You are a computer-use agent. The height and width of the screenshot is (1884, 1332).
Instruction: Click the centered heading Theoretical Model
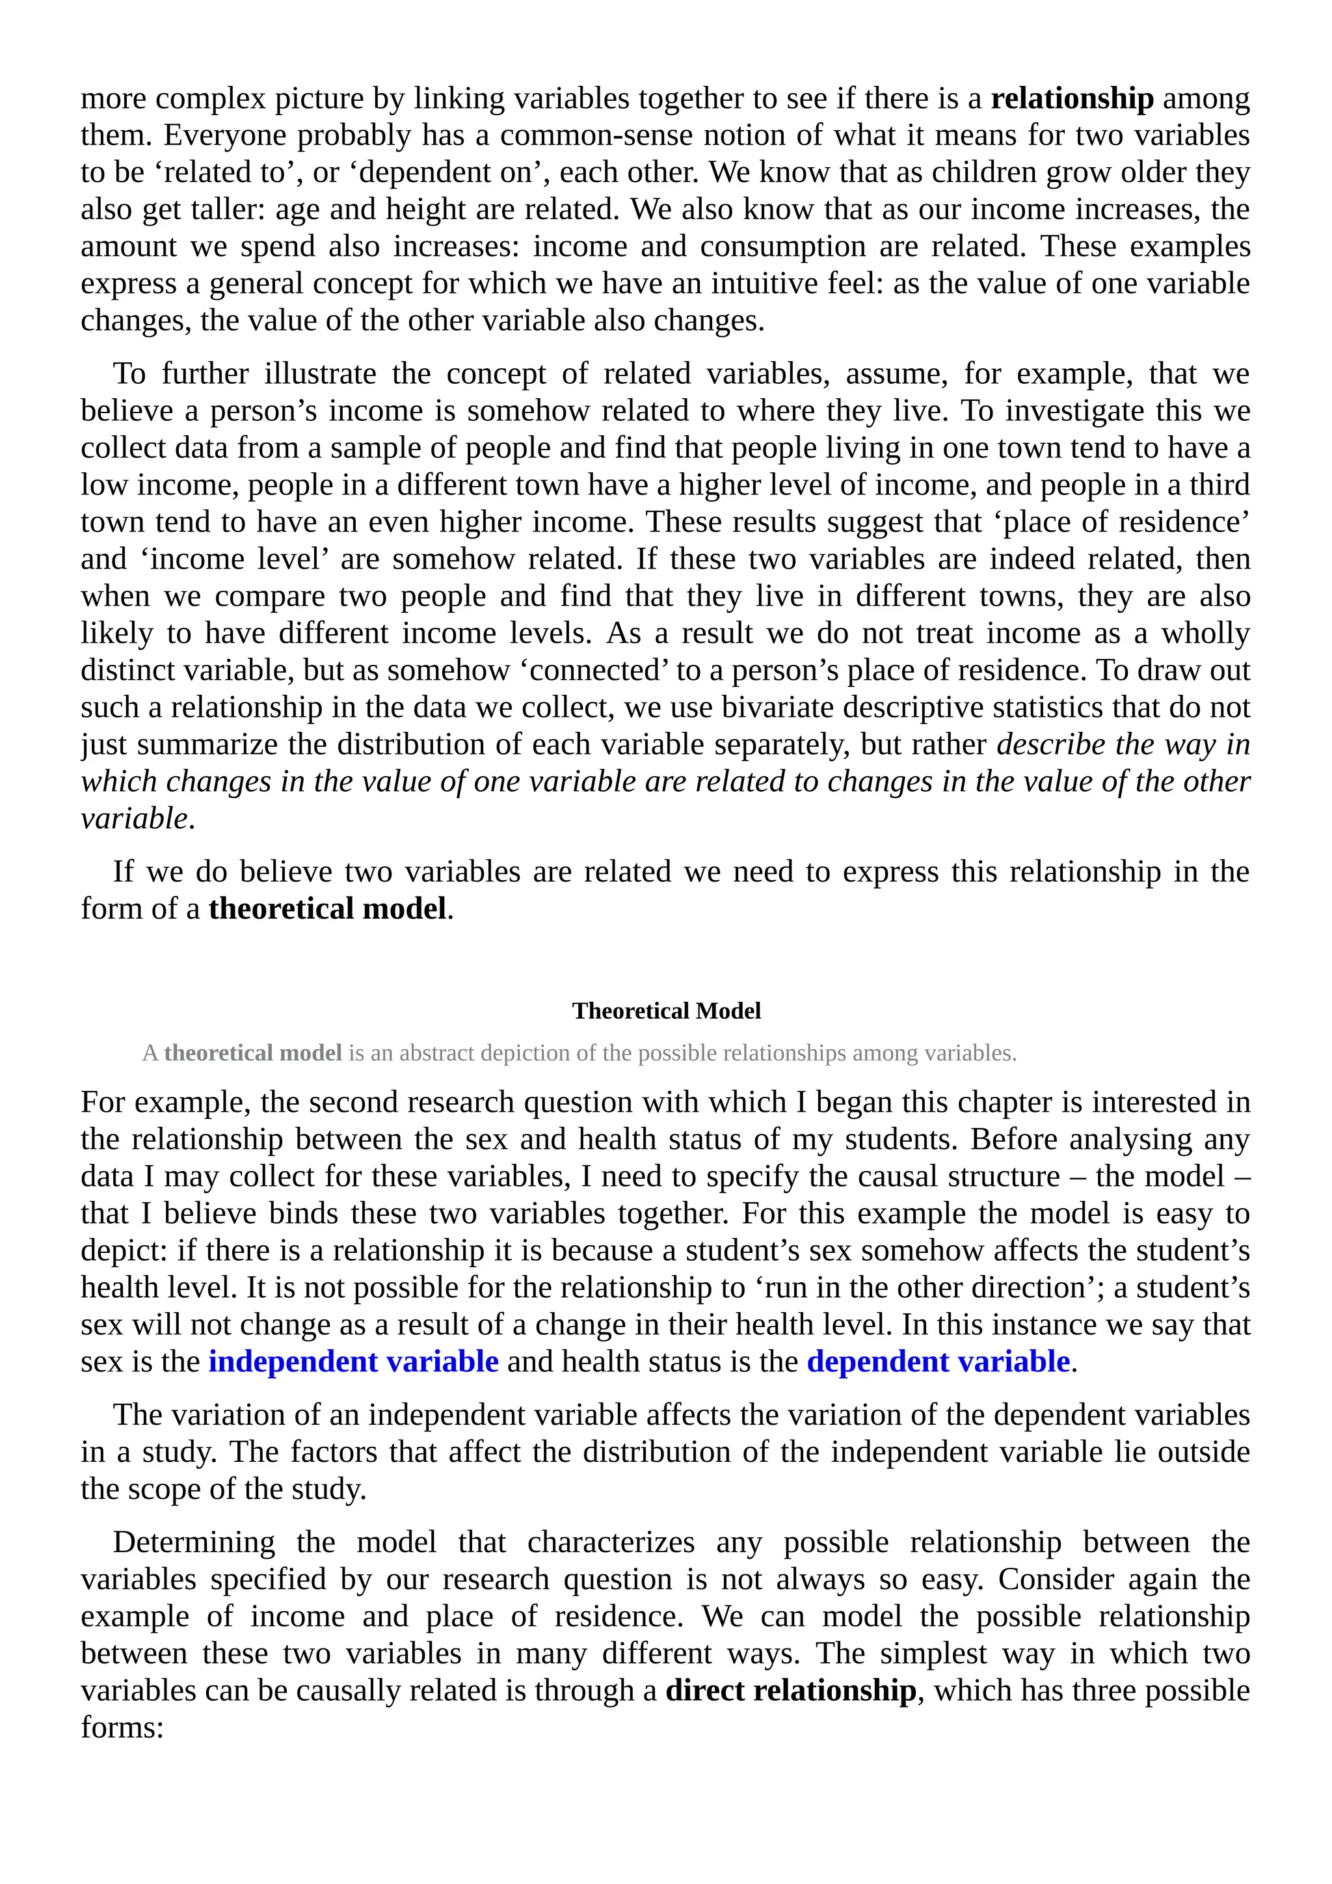(x=666, y=1011)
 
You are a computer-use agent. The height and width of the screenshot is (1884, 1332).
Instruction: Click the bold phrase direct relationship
(x=791, y=1690)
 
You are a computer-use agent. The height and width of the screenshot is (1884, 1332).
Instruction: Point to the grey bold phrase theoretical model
(x=252, y=1053)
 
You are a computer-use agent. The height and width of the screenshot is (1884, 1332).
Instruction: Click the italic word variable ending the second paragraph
(x=135, y=818)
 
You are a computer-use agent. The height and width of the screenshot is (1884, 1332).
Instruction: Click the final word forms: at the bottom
(x=122, y=1727)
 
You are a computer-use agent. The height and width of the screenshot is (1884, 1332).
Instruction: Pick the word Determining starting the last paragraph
(x=194, y=1542)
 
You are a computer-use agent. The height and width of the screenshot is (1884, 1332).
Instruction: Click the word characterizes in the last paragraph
(x=610, y=1542)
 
